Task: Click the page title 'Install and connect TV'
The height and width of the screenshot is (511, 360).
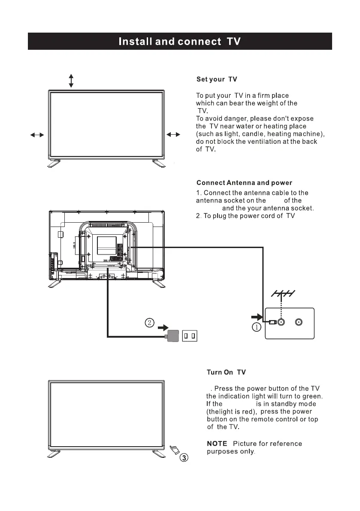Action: click(x=179, y=42)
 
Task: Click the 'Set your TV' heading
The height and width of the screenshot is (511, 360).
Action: click(x=216, y=79)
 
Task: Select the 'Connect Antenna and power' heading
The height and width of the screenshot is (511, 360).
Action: click(x=244, y=183)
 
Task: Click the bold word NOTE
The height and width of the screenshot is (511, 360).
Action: click(x=217, y=443)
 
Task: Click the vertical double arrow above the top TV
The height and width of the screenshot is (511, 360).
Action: click(x=71, y=80)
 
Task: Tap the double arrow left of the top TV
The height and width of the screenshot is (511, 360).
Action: click(x=37, y=135)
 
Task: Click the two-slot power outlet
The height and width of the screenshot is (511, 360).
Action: click(x=190, y=335)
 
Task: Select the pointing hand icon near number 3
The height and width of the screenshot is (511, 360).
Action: click(x=174, y=450)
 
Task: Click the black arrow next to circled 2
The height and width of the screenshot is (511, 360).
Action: click(x=163, y=327)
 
